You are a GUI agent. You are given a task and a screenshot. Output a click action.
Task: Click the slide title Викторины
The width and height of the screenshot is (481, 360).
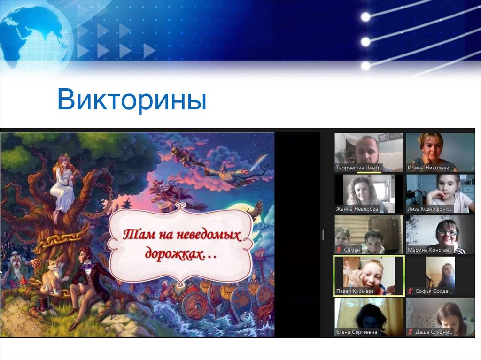(x=132, y=100)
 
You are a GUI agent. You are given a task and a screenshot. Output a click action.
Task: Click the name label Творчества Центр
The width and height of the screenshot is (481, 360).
(x=358, y=168)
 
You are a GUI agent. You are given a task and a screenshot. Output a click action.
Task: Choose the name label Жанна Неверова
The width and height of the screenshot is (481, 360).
(x=357, y=209)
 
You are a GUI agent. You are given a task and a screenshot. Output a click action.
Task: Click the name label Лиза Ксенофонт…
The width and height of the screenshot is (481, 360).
(x=430, y=209)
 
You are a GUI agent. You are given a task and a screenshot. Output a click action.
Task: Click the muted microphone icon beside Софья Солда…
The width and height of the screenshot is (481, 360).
(x=411, y=291)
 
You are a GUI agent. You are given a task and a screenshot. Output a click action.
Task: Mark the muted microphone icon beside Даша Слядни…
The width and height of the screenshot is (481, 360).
(x=411, y=332)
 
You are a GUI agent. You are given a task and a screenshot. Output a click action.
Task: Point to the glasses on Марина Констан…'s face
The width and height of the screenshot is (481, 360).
(x=447, y=232)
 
